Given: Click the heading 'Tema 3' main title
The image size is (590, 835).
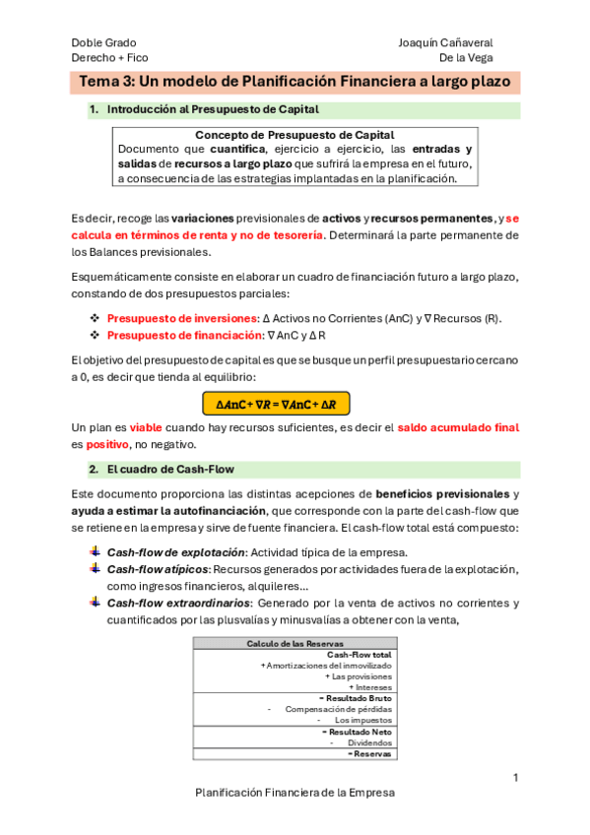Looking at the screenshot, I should [x=295, y=83].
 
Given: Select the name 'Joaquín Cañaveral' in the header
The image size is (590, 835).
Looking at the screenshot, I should [x=445, y=43].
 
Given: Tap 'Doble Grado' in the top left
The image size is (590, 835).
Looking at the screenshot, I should [x=103, y=43].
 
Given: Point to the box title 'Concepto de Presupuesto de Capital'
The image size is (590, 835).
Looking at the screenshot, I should [x=295, y=135].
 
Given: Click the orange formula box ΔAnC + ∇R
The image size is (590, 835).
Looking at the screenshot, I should [x=275, y=404].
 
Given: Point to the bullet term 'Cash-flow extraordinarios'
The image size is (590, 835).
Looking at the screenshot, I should [x=178, y=603].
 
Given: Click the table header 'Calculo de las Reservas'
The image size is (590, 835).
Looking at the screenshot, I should [x=294, y=644].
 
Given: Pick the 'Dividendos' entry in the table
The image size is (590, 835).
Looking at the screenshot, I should [x=369, y=743].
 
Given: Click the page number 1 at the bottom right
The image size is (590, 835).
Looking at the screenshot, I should [x=515, y=778].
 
